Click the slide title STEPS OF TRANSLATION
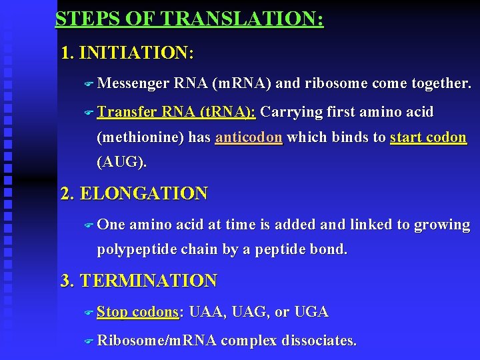tap(189, 19)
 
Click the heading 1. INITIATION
tap(127, 53)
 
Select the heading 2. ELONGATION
tap(134, 194)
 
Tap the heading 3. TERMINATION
tap(139, 281)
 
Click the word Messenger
tap(133, 83)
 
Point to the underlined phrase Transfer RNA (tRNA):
tap(176, 112)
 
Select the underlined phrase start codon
tap(428, 137)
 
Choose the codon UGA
tap(311, 312)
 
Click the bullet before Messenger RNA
tap(89, 84)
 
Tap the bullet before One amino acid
tap(89, 225)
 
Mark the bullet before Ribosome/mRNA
tap(89, 341)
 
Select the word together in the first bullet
tap(442, 83)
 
